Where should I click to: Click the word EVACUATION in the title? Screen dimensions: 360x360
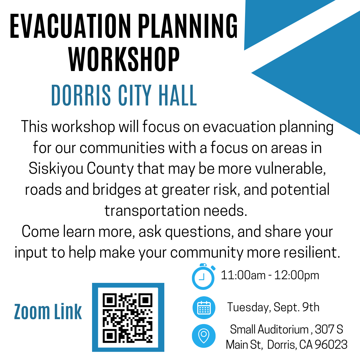[70, 26]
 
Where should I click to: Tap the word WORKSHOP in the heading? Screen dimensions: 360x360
[124, 59]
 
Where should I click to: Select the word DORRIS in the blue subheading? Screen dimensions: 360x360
[81, 95]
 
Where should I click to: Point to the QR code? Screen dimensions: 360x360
[128, 318]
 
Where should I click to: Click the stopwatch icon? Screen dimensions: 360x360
[203, 277]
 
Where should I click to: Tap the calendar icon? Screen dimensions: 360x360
[204, 308]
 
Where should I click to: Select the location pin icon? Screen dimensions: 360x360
[204, 336]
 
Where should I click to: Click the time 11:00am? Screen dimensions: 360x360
[243, 275]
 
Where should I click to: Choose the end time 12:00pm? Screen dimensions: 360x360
[297, 275]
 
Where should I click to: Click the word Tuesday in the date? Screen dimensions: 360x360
[249, 308]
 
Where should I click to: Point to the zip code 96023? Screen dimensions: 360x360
[331, 345]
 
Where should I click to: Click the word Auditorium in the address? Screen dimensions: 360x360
[283, 330]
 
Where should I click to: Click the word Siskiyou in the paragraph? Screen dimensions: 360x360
[56, 169]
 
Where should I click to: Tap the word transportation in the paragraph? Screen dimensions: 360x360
[152, 211]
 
